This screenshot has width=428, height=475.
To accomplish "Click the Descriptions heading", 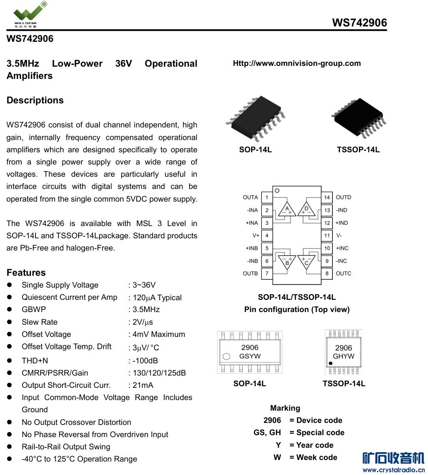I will [35, 100].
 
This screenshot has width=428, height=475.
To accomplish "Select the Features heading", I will [26, 273].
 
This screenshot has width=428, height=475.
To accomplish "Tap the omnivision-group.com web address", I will [297, 63].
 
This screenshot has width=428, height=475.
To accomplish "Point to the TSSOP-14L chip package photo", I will [359, 117].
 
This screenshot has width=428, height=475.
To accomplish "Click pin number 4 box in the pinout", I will [267, 236].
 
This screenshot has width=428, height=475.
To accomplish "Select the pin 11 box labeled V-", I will [327, 236].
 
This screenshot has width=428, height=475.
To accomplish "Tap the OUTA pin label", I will [250, 197].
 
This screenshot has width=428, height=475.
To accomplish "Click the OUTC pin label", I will [344, 273].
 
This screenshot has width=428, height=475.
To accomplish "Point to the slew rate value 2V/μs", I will [143, 322].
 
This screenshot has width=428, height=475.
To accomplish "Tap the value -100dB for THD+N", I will [145, 361].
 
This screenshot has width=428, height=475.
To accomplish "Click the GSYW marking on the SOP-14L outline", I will [250, 356].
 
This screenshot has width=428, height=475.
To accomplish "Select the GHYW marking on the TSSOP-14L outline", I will [344, 356].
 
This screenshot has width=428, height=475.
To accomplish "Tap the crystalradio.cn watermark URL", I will [393, 470].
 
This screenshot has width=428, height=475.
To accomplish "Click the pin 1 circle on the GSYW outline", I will [226, 357].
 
